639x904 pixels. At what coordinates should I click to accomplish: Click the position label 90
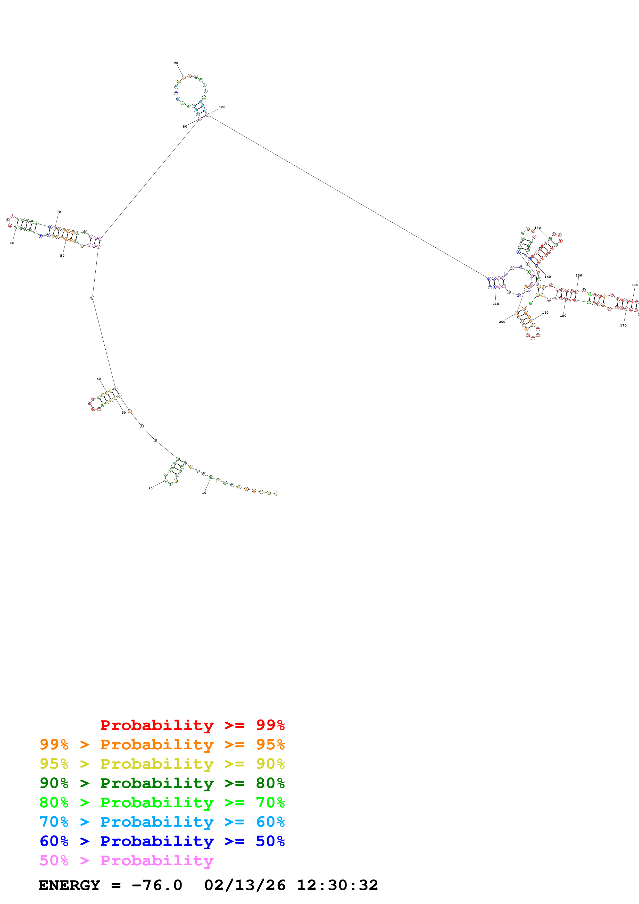coord(176,63)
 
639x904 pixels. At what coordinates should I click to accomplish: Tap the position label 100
coord(222,107)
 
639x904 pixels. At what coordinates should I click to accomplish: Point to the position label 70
coord(59,212)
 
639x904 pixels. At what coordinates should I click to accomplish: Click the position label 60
coord(12,243)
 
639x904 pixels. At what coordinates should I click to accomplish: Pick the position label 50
coord(62,256)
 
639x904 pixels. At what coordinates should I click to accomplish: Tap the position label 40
coord(99,379)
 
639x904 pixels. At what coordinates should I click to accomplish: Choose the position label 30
coord(124,413)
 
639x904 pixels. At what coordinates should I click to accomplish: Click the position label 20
coord(150,488)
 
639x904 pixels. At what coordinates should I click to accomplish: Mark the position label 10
coord(204,492)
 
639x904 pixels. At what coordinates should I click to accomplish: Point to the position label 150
coord(578,276)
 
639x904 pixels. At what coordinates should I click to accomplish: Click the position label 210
coord(496,304)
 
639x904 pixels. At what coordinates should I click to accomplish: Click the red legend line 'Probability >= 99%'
coord(192,725)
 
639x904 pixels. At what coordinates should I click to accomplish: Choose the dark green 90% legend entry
coord(162,783)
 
